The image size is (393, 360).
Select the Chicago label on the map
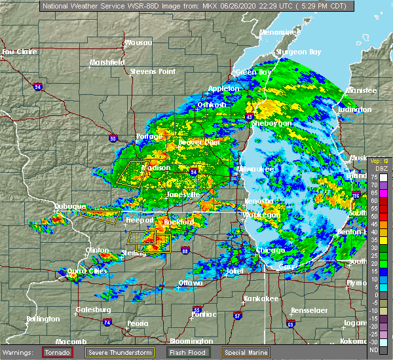pos(271,250)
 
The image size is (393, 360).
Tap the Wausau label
pos(138,43)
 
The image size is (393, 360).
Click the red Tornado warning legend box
pos(57,352)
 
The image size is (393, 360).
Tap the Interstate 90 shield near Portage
pos(113,138)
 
